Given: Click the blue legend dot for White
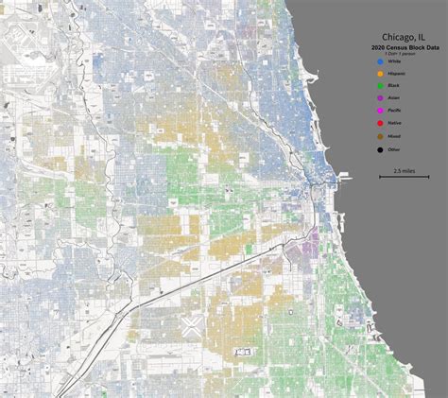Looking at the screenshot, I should click(x=380, y=61).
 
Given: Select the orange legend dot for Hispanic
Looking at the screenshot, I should click(x=380, y=74).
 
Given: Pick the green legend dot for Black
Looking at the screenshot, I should click(x=380, y=86).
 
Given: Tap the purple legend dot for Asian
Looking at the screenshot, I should click(x=380, y=98).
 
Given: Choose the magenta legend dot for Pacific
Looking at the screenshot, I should click(x=380, y=111).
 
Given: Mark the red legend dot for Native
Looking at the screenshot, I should click(x=380, y=123).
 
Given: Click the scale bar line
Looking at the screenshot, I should click(x=404, y=177).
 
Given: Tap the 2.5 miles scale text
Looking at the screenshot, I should click(x=404, y=170).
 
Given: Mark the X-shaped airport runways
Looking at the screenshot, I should click(x=189, y=327).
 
